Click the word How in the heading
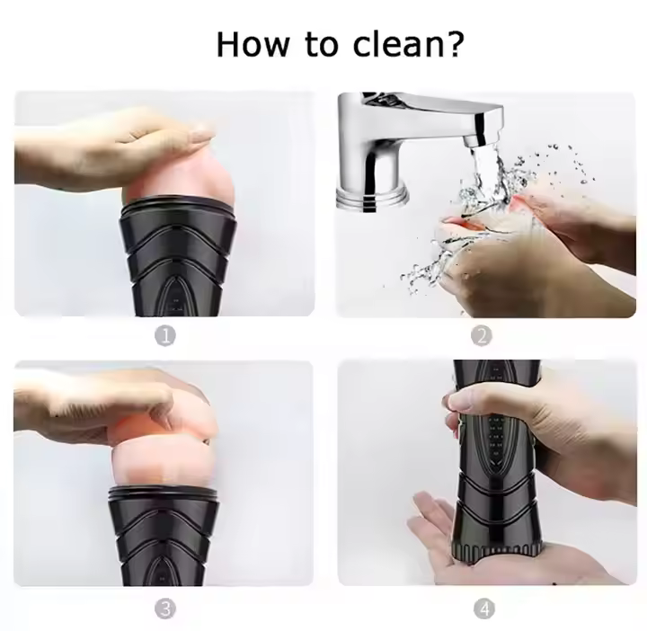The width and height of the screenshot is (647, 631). pyautogui.click(x=253, y=44)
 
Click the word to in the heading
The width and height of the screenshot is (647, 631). pyautogui.click(x=322, y=45)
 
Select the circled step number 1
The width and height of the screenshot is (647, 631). pyautogui.click(x=165, y=336)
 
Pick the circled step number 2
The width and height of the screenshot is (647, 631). pyautogui.click(x=482, y=335)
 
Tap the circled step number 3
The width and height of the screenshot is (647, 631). pyautogui.click(x=165, y=609)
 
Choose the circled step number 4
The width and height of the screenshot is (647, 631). pyautogui.click(x=484, y=609)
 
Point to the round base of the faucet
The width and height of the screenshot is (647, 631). pyautogui.click(x=372, y=197)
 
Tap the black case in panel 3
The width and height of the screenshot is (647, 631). pyautogui.click(x=164, y=535)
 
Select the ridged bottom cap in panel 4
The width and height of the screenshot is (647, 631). pyautogui.click(x=496, y=550)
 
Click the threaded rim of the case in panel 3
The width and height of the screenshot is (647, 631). pyautogui.click(x=164, y=493)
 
